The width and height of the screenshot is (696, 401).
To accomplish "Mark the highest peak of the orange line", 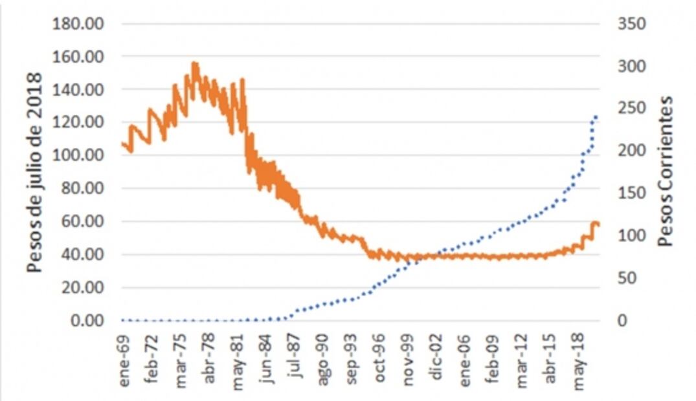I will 194,63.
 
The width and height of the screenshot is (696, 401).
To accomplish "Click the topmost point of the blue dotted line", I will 596,117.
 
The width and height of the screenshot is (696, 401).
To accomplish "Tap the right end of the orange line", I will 599,224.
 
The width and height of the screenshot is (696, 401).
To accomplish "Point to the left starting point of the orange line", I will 122,143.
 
